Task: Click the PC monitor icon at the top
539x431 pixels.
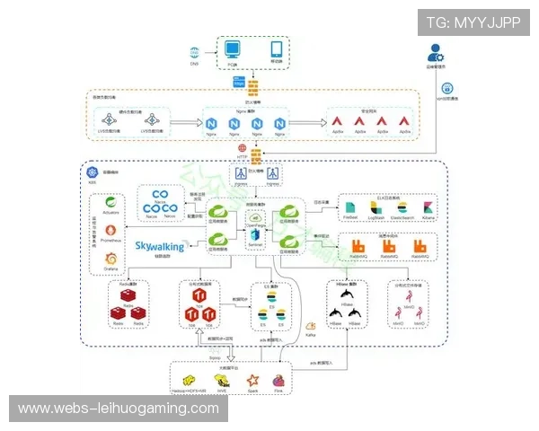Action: click(x=233, y=50)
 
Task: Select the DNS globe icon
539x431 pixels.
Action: click(x=194, y=53)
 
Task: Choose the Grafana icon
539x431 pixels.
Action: click(x=110, y=259)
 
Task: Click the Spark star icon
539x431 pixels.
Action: click(x=253, y=380)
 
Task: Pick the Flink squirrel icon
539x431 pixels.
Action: click(x=279, y=380)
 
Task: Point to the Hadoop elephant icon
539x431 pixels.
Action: click(x=190, y=381)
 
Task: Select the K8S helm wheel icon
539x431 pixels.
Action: click(x=91, y=172)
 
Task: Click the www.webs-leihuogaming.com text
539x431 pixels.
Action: click(x=119, y=409)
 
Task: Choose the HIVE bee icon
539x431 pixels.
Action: click(x=222, y=381)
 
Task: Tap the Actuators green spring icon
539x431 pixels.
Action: click(x=110, y=204)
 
